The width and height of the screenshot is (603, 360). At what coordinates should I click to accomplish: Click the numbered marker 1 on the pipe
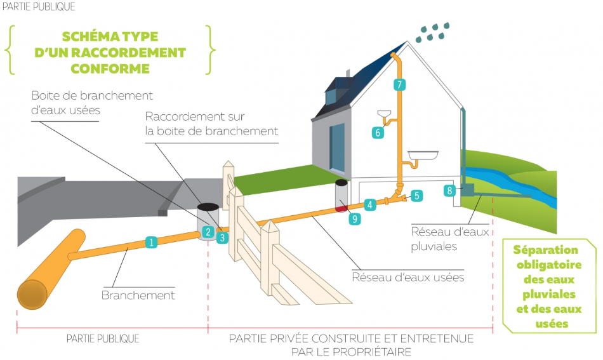pos(151,242)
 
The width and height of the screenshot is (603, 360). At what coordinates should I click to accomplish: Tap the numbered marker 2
pos(208,232)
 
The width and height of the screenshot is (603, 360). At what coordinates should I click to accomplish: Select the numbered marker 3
pos(222,238)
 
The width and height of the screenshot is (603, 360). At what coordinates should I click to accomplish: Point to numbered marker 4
pos(369,204)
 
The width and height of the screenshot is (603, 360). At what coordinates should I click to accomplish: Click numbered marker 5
pos(416,196)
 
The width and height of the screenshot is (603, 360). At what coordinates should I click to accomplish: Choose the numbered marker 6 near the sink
pos(378,133)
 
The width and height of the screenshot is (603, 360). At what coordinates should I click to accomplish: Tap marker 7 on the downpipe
pos(399,84)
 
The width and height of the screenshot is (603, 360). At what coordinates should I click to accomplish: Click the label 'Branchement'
pos(138,295)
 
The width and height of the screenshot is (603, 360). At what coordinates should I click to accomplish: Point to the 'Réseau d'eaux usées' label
pos(408,277)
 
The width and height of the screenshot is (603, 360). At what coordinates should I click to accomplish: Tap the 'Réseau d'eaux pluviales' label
pos(450,238)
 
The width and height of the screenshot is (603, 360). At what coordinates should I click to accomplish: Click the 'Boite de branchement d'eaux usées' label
pos(93,102)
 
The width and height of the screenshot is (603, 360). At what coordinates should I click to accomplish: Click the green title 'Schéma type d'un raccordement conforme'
pos(110,52)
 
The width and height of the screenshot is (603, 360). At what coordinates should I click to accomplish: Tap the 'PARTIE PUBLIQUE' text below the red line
pos(103,338)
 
